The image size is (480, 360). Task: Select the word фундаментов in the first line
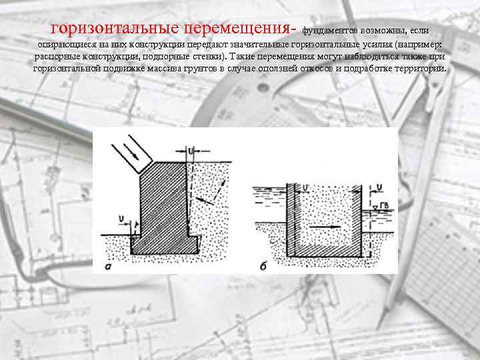pos(331,31)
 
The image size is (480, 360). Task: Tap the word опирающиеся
pos(61,44)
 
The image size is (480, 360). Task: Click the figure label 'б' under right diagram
pos(264,267)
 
